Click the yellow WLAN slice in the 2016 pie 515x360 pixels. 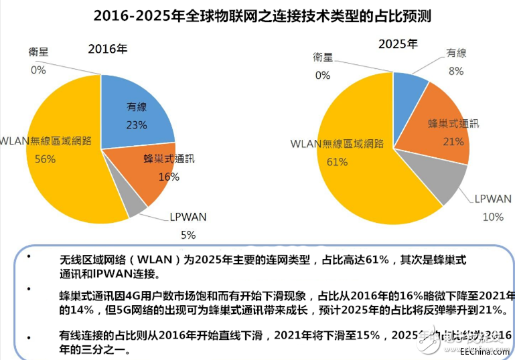pos(64,174)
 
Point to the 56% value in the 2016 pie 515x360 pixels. pos(46,159)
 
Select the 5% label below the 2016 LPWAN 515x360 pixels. pos(188,235)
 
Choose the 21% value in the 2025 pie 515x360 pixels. pos(453,141)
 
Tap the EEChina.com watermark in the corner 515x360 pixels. pos(482,350)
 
